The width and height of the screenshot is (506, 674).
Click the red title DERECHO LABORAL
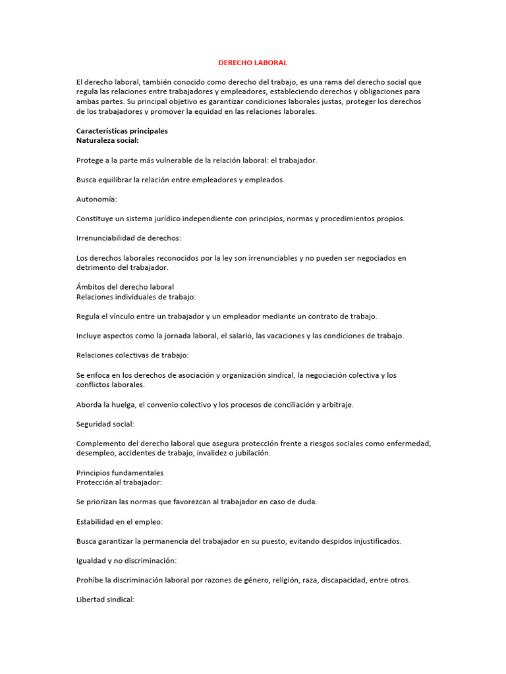coord(253,63)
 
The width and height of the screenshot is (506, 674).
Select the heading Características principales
coord(122,131)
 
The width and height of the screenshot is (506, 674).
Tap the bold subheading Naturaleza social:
coord(107,140)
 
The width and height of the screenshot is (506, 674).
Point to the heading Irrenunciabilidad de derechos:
coord(128,238)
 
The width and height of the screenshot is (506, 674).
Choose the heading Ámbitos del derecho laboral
coord(125,287)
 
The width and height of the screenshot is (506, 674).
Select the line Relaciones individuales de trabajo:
coord(136,297)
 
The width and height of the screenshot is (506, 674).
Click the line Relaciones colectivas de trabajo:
coord(132,355)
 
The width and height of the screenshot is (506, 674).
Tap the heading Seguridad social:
coord(105,424)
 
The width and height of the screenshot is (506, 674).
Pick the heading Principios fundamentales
coord(120,473)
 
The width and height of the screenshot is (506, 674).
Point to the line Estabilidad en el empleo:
coord(119,521)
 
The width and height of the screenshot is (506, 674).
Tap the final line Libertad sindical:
coord(105,600)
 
